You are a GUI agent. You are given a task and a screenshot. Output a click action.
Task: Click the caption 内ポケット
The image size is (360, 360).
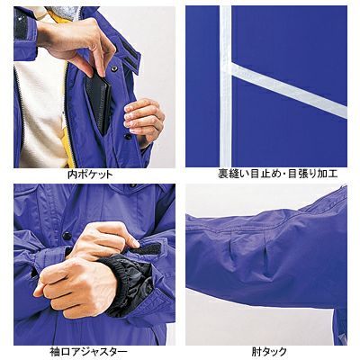tap(90, 174)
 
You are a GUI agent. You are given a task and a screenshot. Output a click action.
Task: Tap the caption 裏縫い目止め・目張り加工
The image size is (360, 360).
tap(278, 174)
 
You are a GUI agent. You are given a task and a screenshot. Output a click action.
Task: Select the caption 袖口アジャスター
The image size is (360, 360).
tap(88, 351)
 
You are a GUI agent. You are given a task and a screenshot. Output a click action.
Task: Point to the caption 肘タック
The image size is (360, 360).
tap(269, 351)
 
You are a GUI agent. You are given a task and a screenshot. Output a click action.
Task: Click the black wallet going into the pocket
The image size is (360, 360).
tap(98, 102)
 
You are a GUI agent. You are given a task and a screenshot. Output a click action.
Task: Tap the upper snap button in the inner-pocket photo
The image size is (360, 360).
tap(114, 68)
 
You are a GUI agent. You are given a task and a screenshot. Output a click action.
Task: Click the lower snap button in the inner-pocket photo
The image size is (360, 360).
tap(128, 137)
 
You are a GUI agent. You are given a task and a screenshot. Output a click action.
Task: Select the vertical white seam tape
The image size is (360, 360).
tap(226, 86)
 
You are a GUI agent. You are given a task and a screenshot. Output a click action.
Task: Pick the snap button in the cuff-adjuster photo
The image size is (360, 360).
tap(67, 236)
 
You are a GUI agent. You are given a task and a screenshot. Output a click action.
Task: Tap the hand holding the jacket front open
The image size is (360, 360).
tap(143, 119)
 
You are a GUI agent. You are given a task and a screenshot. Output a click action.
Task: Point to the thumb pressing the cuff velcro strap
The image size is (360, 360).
tap(123, 237)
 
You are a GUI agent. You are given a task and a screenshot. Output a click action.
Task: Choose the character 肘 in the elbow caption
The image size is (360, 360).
tap(256, 351)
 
